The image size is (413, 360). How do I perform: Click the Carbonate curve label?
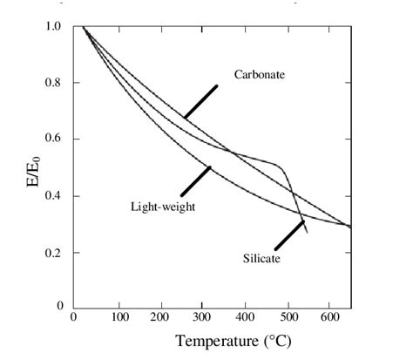coord(260,75)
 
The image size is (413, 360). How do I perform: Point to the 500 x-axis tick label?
coord(288,317)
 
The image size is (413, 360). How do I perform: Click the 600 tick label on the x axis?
coord(330,317)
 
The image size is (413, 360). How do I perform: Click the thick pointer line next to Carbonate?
coord(200,101)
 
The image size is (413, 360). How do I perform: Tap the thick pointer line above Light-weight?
coord(195,180)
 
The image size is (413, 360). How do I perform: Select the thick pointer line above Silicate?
coord(289,234)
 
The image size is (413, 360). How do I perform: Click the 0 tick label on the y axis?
coord(60,307)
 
